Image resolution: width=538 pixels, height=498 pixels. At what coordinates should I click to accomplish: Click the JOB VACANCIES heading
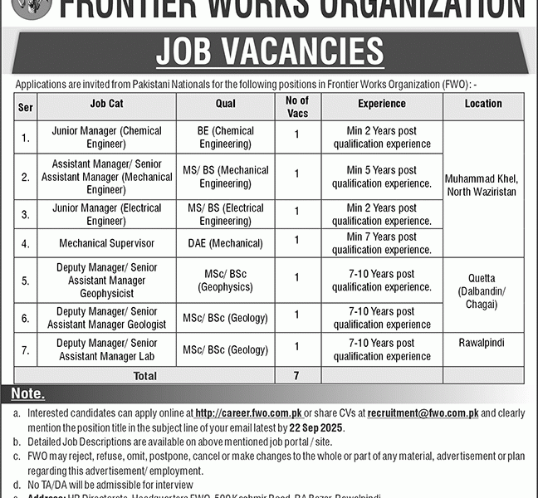point(269,53)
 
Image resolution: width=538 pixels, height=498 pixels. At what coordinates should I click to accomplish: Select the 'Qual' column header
point(224,104)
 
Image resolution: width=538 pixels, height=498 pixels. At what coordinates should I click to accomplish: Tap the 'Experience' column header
point(381,104)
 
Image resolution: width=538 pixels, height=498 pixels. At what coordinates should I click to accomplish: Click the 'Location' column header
point(483,104)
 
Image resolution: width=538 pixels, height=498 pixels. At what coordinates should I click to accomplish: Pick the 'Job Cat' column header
point(106,104)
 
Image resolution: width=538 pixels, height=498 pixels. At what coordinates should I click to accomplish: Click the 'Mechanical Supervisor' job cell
point(106,244)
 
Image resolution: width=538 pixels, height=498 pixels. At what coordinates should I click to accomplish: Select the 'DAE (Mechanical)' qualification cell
point(224,244)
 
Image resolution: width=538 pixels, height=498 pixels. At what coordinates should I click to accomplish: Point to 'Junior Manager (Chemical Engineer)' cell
point(106,138)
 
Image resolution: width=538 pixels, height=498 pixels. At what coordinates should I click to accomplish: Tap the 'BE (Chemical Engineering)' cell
point(224,138)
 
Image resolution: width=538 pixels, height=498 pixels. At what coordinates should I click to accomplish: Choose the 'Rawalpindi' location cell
point(483,342)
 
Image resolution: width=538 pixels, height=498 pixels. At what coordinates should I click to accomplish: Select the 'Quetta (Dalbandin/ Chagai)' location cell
point(483,290)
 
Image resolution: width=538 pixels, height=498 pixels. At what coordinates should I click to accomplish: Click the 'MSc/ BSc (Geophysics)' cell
point(224,281)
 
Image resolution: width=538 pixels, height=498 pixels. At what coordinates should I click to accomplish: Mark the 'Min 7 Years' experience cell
point(381,243)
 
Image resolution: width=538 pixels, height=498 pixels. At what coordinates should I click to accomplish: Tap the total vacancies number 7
point(296,376)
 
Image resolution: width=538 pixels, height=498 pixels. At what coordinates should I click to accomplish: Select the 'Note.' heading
point(28,394)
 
